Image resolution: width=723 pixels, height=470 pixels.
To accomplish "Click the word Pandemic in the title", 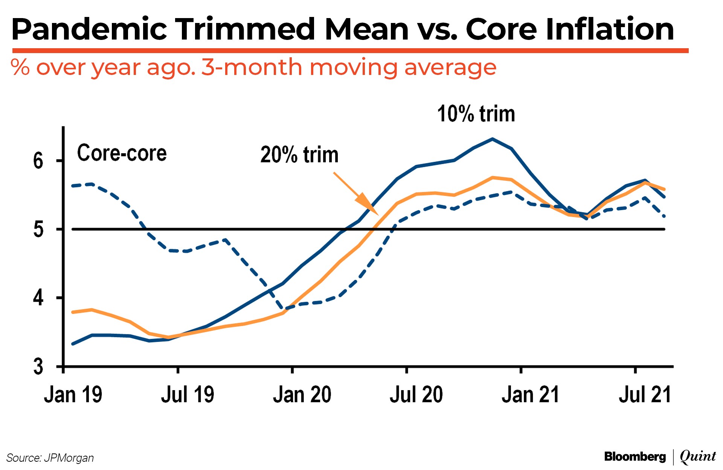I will [89, 30].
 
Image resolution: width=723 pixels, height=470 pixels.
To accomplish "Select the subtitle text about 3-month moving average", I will [253, 67].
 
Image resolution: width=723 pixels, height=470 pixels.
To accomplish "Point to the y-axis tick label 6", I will [38, 161].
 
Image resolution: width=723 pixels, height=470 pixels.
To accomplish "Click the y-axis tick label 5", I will [38, 229].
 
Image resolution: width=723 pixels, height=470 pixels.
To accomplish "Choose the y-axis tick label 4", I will [38, 298].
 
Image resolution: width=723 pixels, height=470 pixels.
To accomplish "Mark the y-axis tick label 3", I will [38, 366].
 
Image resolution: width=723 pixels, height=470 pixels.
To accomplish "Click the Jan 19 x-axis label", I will [73, 395].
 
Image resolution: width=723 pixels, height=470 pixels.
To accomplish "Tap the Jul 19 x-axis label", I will [188, 395].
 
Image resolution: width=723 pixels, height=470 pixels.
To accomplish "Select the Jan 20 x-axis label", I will [302, 395].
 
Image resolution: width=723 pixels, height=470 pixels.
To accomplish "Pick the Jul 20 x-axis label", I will [416, 395].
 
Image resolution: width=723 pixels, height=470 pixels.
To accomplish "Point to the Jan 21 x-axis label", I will [530, 395].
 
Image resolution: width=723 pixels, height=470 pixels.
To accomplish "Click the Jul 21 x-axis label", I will [645, 395].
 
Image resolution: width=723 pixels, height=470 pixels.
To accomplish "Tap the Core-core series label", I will [122, 153].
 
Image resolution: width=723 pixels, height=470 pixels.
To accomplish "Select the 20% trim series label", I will [299, 155].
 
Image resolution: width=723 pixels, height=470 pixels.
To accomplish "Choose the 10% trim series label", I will [476, 114].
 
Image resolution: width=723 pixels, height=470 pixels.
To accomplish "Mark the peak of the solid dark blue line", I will [492, 139].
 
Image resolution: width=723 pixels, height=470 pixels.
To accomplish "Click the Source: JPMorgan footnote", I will [50, 458].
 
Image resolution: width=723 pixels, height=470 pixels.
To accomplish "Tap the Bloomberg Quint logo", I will [660, 456].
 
